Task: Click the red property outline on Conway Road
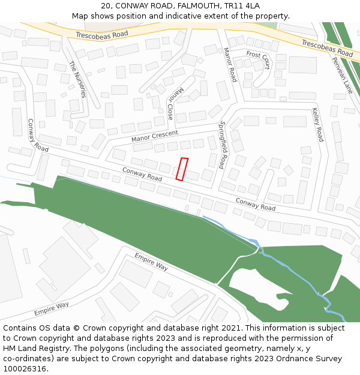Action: coord(182,169)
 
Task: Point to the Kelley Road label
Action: coord(317,124)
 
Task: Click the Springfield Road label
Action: coord(223,145)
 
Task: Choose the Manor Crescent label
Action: coord(155,136)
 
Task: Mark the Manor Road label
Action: coord(230,65)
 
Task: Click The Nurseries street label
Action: coord(77,79)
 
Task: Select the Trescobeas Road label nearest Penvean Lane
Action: coord(327,48)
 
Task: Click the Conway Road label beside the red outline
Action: coord(142,174)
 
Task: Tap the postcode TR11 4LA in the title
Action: coord(240,6)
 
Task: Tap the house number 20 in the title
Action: coord(106,6)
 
